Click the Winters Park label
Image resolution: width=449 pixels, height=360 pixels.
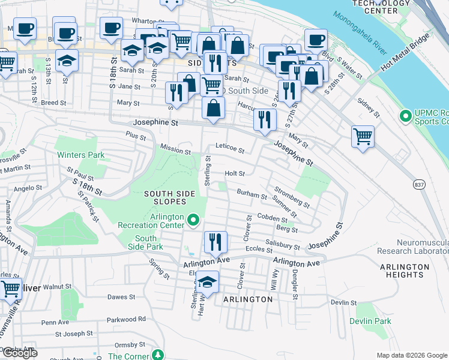(x=80, y=155)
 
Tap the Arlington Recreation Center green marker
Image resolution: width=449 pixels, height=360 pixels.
(x=193, y=221)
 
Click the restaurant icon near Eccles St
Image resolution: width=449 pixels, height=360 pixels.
(x=215, y=242)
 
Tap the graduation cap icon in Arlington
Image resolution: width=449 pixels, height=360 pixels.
(x=207, y=281)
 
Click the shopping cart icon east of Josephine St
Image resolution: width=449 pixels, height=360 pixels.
(x=363, y=136)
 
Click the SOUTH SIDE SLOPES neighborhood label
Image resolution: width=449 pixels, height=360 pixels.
(x=169, y=197)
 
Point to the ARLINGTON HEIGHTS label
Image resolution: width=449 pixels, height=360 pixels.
(x=405, y=271)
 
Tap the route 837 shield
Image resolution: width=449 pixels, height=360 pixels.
(x=419, y=184)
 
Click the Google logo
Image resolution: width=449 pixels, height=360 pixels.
(x=20, y=353)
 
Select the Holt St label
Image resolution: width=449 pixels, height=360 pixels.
(x=235, y=173)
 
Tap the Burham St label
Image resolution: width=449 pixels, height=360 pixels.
(x=251, y=194)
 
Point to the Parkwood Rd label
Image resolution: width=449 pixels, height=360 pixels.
(x=125, y=319)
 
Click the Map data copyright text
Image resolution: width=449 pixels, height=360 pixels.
(x=411, y=355)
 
